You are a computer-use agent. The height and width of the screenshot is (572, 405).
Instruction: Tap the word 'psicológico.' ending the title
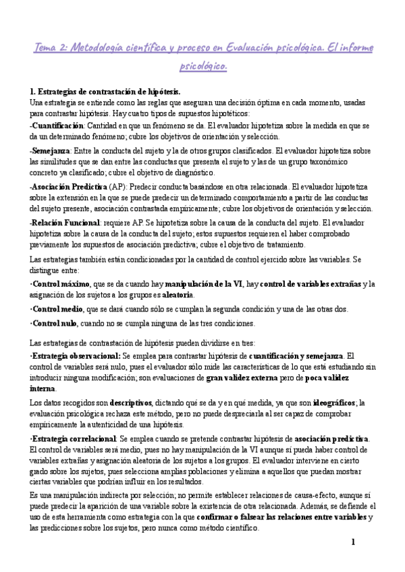point(202,66)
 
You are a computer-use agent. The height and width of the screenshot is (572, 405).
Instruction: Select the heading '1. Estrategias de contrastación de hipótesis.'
point(105,91)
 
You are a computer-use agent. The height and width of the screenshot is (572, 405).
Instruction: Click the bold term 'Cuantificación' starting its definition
point(57,125)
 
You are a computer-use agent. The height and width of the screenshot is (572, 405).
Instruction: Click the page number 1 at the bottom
point(352,542)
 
